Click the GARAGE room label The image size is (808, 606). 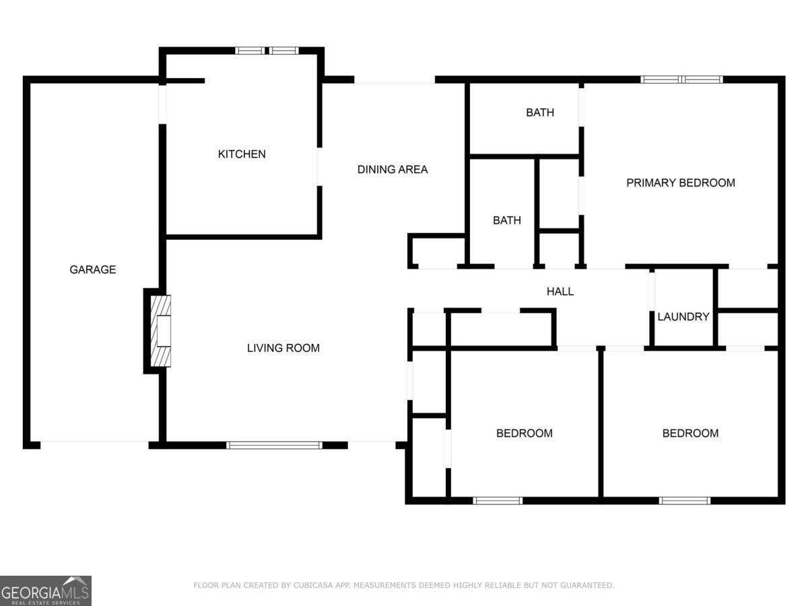(93, 270)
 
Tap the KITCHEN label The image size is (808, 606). (242, 154)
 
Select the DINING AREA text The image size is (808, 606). (393, 170)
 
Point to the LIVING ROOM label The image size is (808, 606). (283, 348)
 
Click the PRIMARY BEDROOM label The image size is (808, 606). (681, 183)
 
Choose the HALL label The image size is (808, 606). (560, 292)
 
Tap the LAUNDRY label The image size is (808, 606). (683, 316)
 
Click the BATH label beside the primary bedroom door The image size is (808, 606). (540, 112)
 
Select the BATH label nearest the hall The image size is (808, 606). (507, 220)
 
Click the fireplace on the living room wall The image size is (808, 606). (161, 331)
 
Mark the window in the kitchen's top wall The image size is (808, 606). (267, 50)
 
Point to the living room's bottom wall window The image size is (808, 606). (274, 445)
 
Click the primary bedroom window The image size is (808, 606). (681, 79)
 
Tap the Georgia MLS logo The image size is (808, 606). (46, 591)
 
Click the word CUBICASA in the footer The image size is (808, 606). (313, 585)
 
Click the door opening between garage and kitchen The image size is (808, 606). (162, 104)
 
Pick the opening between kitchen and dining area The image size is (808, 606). (319, 167)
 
